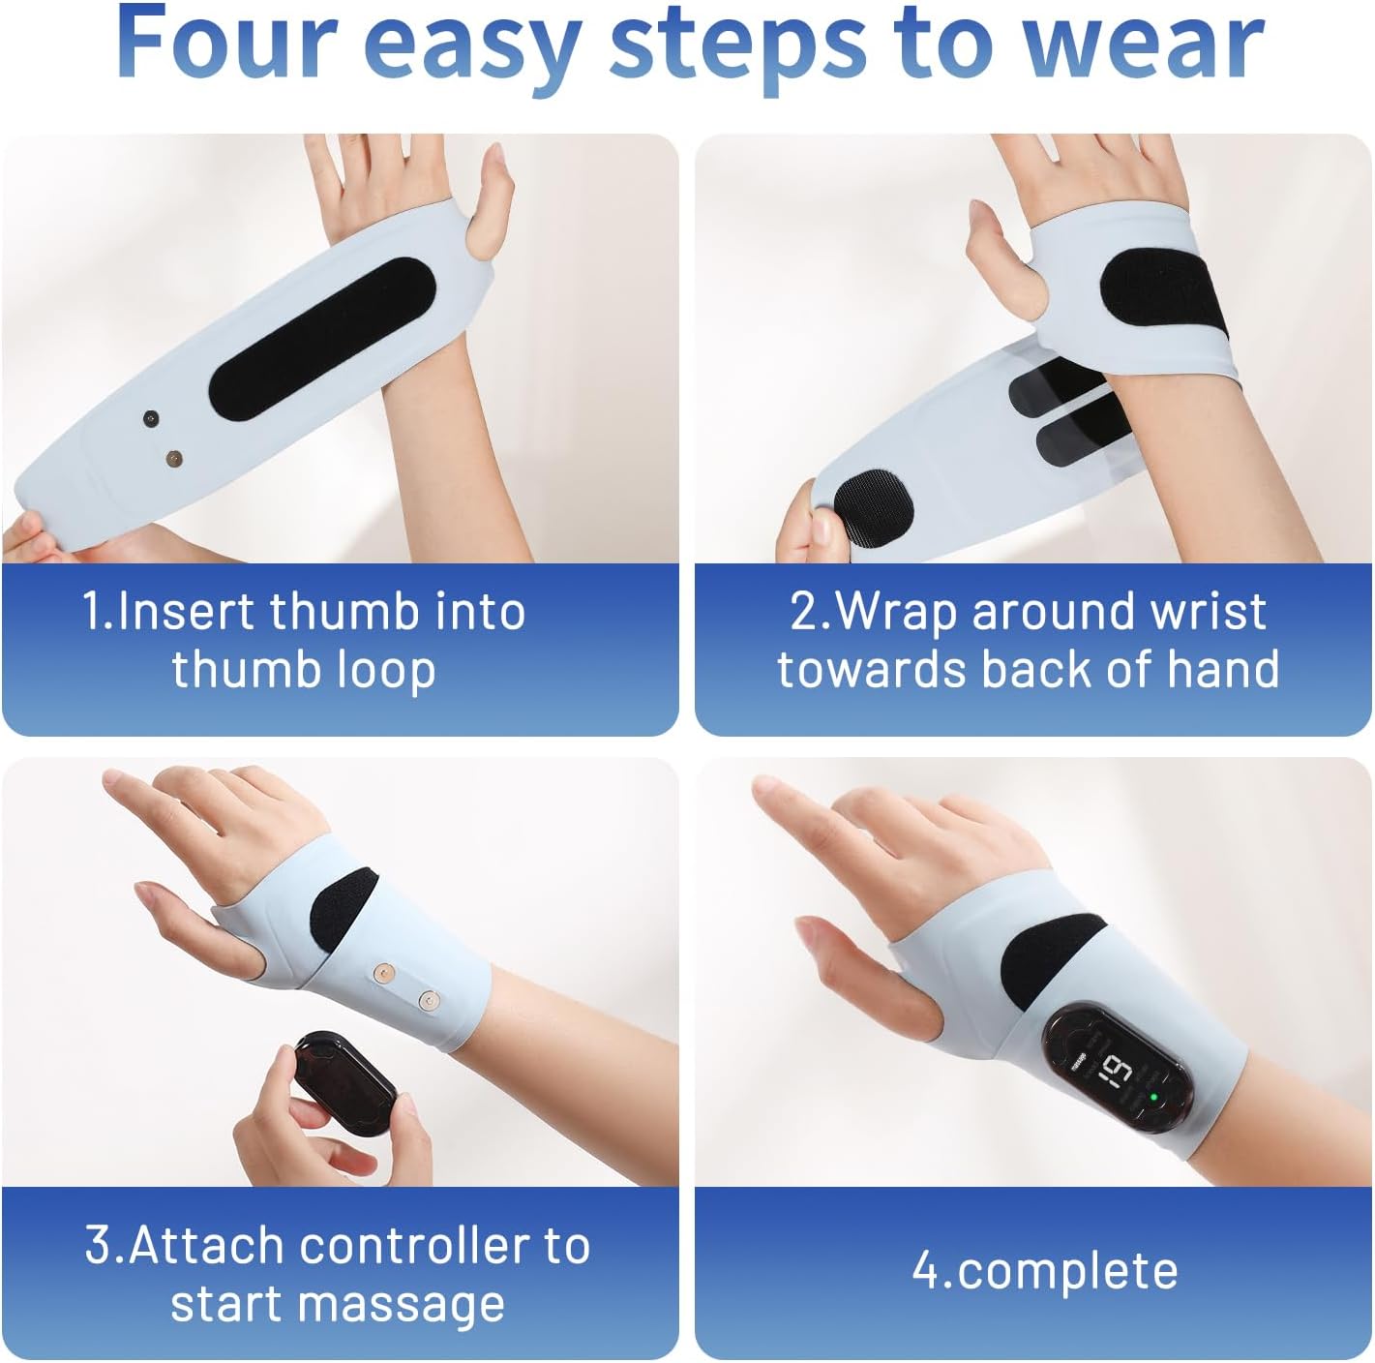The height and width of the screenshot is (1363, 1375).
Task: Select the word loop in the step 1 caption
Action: pos(384,671)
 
